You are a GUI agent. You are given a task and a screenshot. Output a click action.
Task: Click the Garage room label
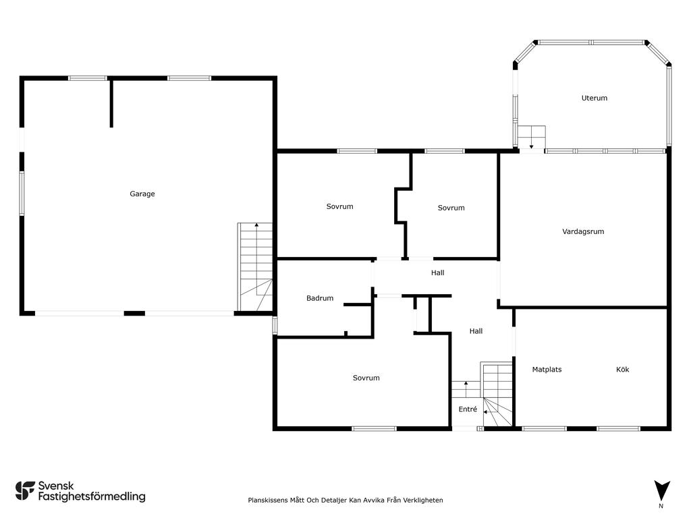click(142, 194)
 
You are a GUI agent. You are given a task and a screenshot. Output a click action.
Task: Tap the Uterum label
click(594, 98)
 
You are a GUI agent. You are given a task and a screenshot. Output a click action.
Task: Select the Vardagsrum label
click(583, 231)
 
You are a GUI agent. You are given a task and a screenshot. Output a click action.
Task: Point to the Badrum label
click(319, 298)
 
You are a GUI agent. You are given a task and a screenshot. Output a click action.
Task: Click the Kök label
click(622, 370)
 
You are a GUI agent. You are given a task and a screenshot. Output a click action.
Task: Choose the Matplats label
click(547, 370)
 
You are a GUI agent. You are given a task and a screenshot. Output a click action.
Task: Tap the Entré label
click(468, 409)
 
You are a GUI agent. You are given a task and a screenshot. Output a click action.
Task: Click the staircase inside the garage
click(255, 267)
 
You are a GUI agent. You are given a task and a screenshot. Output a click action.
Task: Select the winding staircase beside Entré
click(497, 394)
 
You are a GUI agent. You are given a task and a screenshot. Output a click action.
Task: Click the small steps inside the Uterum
click(532, 138)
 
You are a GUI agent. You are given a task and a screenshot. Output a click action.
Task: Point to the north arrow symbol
click(661, 490)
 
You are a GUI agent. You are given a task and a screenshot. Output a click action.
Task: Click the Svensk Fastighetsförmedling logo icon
click(25, 491)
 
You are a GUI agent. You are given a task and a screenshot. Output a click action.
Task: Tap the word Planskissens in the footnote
click(267, 500)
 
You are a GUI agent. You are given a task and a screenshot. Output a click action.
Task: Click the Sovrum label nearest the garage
click(339, 206)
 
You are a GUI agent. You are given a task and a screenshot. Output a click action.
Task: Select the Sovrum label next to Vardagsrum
click(451, 208)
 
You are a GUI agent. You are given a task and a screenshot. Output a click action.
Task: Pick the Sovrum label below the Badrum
click(366, 378)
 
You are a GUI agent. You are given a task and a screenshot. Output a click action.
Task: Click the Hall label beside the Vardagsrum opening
click(437, 272)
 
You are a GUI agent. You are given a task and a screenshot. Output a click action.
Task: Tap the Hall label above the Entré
click(476, 331)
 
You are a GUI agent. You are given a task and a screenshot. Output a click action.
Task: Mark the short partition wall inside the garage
click(111, 103)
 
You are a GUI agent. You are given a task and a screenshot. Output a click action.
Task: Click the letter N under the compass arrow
click(661, 506)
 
